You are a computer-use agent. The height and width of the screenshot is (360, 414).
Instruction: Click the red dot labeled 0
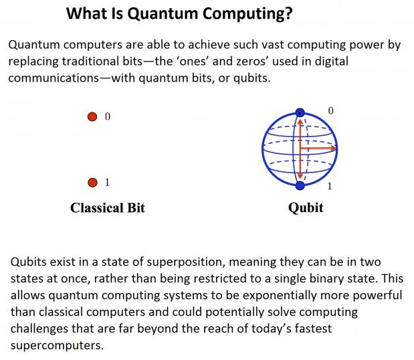point(92,116)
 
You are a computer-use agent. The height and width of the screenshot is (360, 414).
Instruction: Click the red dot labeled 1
point(92,183)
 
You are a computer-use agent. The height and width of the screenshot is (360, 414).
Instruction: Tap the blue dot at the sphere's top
point(300,113)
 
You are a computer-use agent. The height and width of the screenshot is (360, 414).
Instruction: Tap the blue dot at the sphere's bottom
point(300,185)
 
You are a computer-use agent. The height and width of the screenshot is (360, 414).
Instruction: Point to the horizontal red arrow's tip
point(336,149)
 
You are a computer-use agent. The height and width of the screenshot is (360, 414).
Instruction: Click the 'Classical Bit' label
point(108,208)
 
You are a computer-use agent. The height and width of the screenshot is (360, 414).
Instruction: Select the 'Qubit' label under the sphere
point(306,208)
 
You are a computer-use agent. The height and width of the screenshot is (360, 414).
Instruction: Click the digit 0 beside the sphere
point(330,110)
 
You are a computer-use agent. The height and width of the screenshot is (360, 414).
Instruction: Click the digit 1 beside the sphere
point(330,187)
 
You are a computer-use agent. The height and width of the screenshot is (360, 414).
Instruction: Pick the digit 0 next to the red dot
point(108,116)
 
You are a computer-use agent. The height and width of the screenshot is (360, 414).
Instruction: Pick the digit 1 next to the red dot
point(107,182)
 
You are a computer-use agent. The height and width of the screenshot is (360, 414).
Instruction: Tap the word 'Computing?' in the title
point(247,14)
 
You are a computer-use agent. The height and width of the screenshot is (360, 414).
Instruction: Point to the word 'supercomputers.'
point(57,346)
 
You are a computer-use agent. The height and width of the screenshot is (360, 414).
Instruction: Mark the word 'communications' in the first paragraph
point(54,78)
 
